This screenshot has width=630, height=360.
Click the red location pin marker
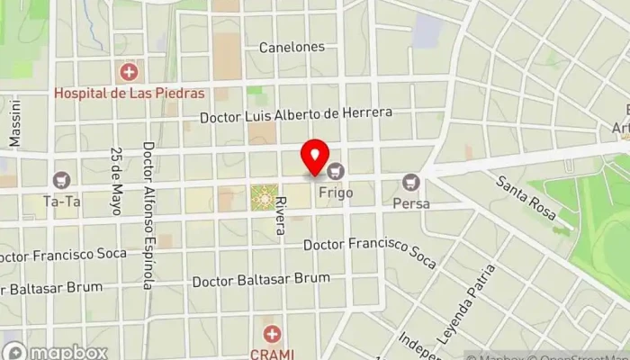click(x=315, y=157)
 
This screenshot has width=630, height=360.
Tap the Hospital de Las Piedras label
click(x=130, y=93)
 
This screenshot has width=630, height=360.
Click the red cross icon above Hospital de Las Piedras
click(x=130, y=70)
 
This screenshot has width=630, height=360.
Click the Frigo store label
click(x=335, y=193)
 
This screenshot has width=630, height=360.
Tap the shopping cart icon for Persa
click(x=411, y=182)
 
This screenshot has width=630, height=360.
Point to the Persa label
click(x=411, y=203)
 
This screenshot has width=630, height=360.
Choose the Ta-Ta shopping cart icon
click(x=61, y=180)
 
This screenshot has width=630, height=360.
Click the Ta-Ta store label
click(x=61, y=202)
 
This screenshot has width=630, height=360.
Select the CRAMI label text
click(x=273, y=354)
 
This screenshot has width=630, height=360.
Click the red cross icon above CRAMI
click(x=272, y=333)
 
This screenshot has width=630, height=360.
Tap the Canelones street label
click(x=291, y=47)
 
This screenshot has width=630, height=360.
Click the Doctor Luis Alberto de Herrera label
click(x=296, y=114)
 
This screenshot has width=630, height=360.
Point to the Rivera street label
click(x=281, y=215)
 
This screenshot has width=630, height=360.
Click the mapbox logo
click(x=56, y=352)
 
